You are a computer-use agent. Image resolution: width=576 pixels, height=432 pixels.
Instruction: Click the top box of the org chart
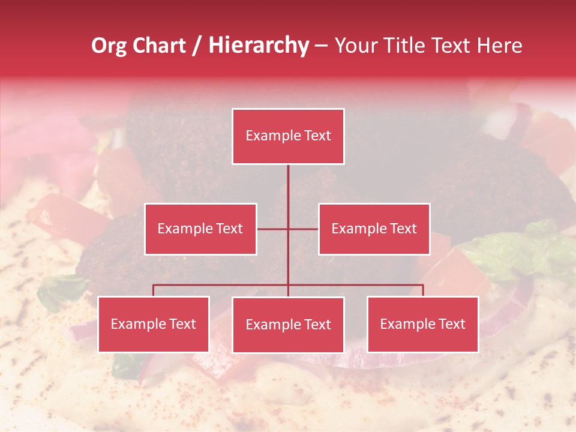pos(288,136)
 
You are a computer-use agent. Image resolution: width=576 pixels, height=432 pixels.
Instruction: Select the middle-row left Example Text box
pos(200,229)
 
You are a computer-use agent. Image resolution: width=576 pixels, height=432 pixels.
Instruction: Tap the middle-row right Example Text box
pos(374,229)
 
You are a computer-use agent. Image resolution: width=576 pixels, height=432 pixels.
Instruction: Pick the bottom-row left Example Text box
pos(154,324)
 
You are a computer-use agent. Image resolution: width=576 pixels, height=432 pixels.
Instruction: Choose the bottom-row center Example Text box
pos(288,325)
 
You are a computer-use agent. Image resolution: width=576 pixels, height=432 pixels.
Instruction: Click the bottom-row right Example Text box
pos(422,324)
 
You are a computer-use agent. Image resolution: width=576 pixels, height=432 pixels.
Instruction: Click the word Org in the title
pos(109,46)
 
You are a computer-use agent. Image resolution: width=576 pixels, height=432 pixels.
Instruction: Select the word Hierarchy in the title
pos(258,46)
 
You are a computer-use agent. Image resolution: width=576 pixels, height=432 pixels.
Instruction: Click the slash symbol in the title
pos(197,46)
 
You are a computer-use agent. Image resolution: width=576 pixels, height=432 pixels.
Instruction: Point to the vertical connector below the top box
pos(288,186)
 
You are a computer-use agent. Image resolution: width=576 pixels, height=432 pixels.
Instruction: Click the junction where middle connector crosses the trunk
pos(288,229)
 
